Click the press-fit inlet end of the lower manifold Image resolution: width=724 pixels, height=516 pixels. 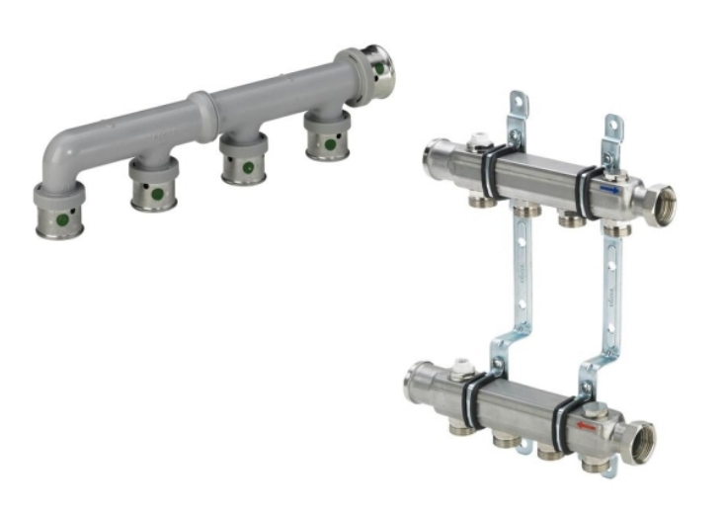[415, 380]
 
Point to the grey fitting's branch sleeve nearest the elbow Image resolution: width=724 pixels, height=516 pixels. [153, 183]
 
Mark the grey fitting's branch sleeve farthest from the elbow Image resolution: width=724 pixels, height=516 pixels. [325, 135]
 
